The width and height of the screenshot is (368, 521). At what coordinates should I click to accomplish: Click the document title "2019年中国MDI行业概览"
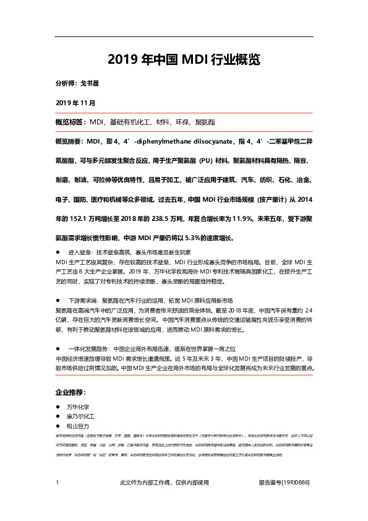[184, 59]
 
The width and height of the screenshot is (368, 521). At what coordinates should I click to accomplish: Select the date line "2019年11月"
[75, 101]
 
